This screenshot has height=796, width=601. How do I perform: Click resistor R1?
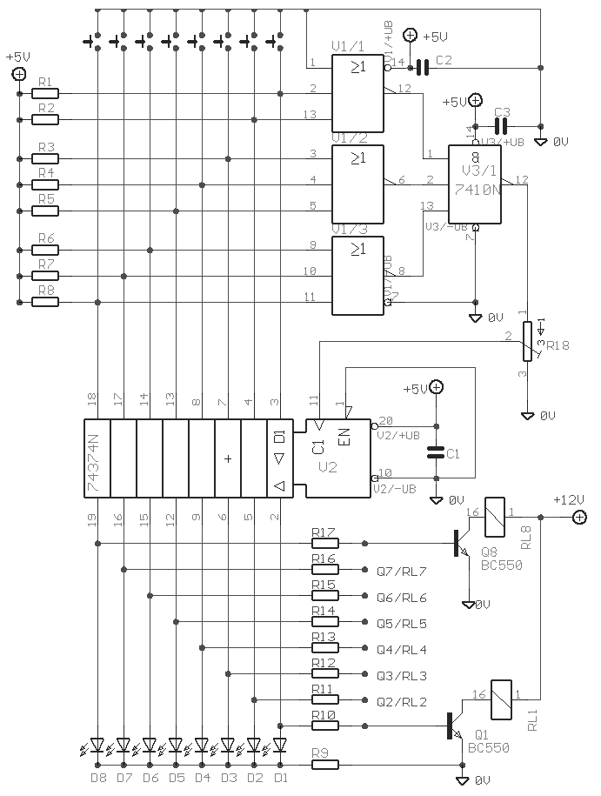point(46,93)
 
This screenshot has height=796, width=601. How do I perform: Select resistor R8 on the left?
point(46,303)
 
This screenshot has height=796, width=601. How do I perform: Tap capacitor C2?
point(423,67)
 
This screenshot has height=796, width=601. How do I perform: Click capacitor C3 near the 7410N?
point(500,127)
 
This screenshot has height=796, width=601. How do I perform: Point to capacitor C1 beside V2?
point(436,452)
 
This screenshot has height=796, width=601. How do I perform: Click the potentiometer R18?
point(527,341)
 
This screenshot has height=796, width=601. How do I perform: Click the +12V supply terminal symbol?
point(578,518)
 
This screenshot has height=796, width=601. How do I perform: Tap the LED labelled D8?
point(97,746)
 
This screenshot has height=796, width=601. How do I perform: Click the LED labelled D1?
point(280,746)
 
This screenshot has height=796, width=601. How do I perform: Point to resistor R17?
point(324,543)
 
